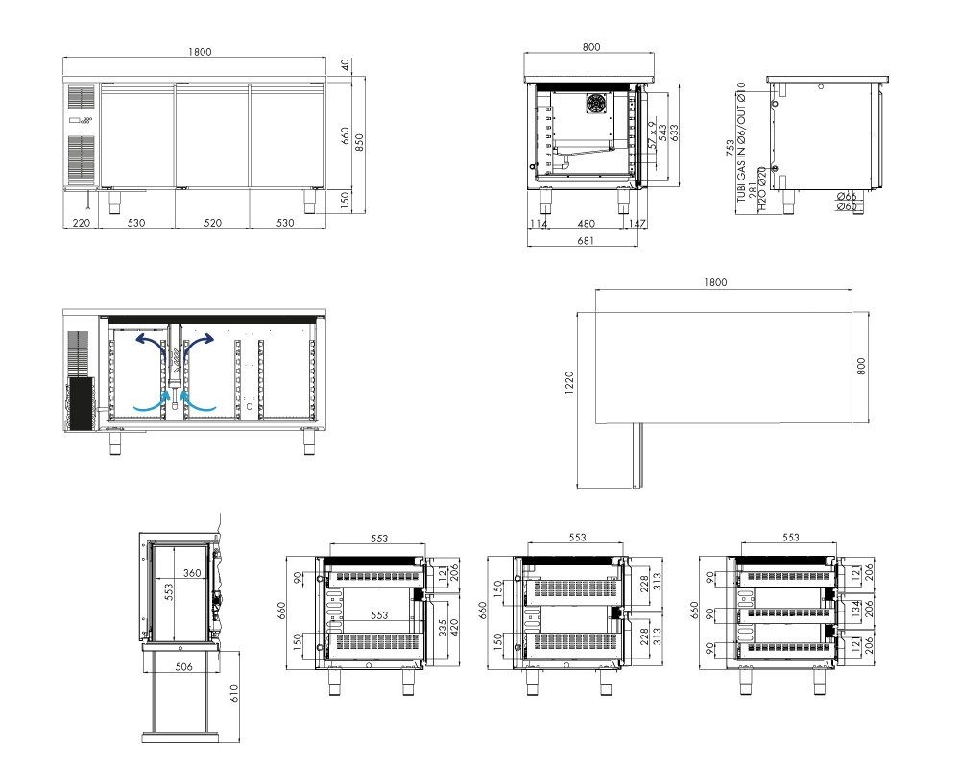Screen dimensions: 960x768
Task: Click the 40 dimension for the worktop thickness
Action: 346,65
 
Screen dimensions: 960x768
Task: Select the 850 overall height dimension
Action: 359,142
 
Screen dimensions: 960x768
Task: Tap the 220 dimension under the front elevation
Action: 82,223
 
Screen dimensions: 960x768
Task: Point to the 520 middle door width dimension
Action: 212,223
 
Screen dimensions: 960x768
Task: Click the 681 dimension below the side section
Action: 586,241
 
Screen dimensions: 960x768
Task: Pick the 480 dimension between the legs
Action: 586,224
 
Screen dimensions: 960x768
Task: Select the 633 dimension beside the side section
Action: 674,132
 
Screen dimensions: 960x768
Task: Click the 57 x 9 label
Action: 652,135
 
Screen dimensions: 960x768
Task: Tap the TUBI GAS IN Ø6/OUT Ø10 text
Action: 741,142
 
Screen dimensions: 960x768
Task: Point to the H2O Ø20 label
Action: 762,189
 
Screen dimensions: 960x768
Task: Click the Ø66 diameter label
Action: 847,197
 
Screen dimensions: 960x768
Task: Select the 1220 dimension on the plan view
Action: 569,383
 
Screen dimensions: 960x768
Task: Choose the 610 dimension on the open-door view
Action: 234,694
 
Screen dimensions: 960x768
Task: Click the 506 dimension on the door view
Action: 183,667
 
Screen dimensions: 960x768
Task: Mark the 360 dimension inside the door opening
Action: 192,573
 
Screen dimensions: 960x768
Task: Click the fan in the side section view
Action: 596,104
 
